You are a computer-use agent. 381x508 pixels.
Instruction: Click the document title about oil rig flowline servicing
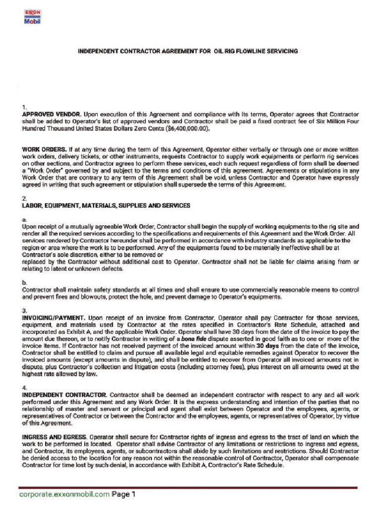point(188,51)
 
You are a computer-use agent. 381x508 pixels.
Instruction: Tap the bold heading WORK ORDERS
point(44,149)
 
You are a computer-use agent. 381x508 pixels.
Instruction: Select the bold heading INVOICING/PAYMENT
point(55,317)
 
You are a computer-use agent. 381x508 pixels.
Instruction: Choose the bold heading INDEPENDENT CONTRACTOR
point(64,395)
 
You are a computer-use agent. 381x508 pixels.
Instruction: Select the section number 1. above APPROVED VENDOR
point(25,107)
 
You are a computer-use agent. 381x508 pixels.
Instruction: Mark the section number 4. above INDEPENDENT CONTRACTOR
point(25,387)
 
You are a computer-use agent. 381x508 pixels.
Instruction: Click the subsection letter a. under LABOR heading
point(25,219)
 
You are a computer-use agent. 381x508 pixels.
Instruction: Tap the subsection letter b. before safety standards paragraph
point(25,282)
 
